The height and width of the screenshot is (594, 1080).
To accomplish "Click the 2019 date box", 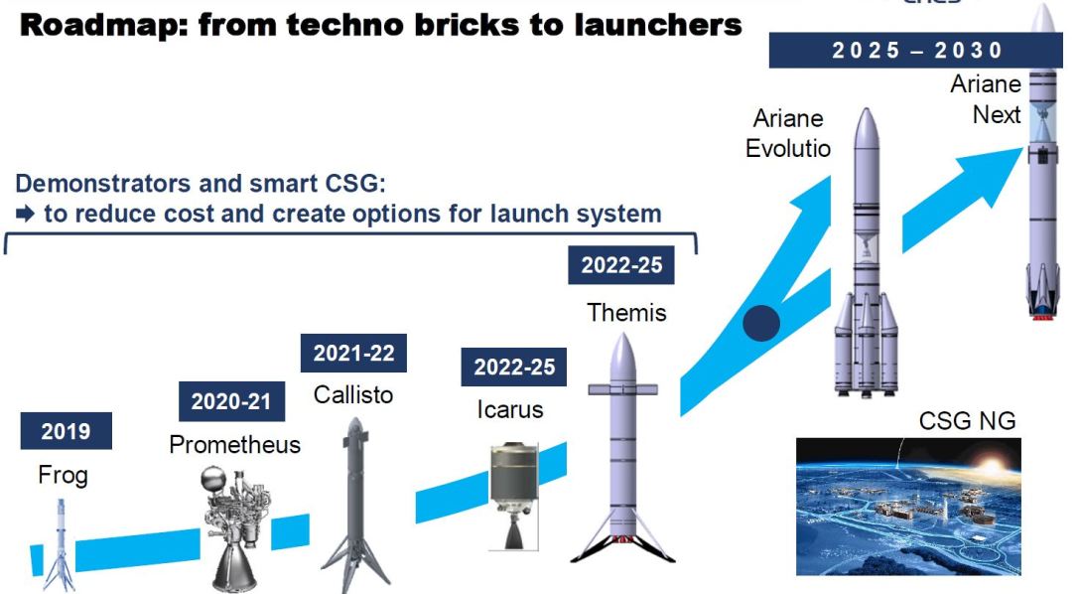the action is pyautogui.click(x=67, y=431).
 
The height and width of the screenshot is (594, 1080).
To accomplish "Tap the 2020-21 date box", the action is pyautogui.click(x=231, y=401).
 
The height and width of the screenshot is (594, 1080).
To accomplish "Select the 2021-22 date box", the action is pyautogui.click(x=353, y=353).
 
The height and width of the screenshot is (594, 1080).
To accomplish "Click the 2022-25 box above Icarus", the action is pyautogui.click(x=514, y=367).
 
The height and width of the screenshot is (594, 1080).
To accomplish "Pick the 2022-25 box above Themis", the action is pyautogui.click(x=621, y=265).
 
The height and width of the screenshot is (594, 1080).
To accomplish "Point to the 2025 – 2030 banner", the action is pyautogui.click(x=916, y=51).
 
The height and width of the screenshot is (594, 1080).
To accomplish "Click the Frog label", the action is pyautogui.click(x=63, y=475).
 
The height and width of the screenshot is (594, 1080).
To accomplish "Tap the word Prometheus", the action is pyautogui.click(x=235, y=444).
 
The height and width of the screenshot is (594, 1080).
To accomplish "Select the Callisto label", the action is pyautogui.click(x=353, y=395).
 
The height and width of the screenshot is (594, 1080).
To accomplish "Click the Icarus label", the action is pyautogui.click(x=509, y=409).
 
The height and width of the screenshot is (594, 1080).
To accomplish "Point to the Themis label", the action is pyautogui.click(x=626, y=313).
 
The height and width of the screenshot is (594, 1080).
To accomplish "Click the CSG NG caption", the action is pyautogui.click(x=967, y=420).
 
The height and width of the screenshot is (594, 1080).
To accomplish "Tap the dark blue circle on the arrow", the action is pyautogui.click(x=761, y=323).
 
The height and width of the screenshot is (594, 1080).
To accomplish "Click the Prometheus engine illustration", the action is pyautogui.click(x=236, y=528).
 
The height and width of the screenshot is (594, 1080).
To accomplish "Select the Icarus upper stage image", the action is pyautogui.click(x=513, y=496).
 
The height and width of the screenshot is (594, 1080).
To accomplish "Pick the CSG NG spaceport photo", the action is pyautogui.click(x=908, y=507).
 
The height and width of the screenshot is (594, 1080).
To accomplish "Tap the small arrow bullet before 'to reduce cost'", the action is pyautogui.click(x=25, y=215).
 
